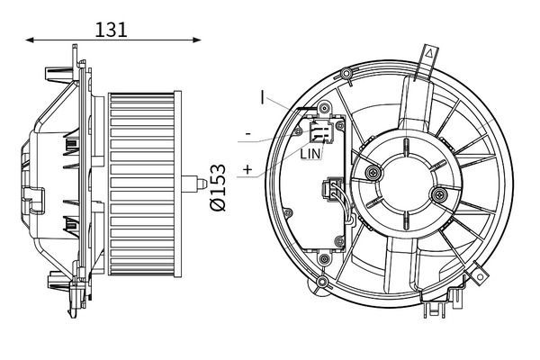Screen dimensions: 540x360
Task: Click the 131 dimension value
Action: point(111,30)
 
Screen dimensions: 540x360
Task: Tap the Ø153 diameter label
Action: point(218,187)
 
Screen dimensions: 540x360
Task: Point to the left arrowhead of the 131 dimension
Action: point(30,40)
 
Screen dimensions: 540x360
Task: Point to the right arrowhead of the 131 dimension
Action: point(196,40)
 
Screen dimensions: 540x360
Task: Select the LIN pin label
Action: point(310,154)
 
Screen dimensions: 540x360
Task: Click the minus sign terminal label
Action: point(248,134)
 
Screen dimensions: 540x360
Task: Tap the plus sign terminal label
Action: point(247,169)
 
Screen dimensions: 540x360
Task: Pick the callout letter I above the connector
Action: point(263,97)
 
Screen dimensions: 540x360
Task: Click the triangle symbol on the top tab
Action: point(429,53)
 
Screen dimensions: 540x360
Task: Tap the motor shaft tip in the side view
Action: point(202,184)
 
